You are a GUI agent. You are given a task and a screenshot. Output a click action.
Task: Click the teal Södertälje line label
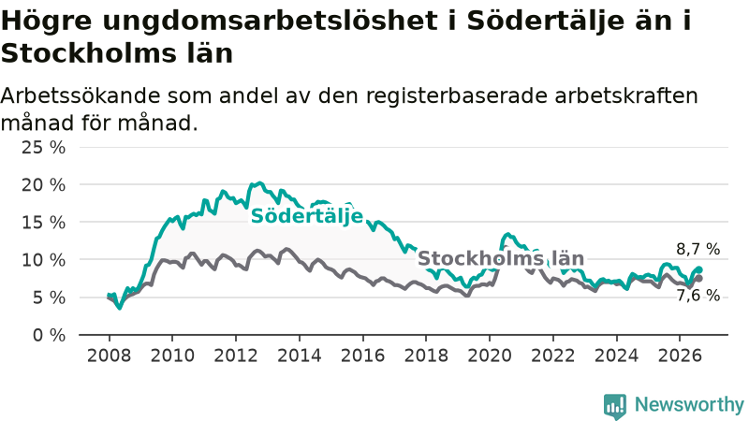coord(307,216)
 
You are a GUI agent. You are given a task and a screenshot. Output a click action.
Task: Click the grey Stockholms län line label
coord(501,259)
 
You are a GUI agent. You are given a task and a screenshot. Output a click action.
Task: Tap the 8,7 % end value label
coord(698,249)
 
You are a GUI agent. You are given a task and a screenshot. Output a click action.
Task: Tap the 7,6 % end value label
coord(698,296)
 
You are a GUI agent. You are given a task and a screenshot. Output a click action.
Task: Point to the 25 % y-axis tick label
coord(43,148)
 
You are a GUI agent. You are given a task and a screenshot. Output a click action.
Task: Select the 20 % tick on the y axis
coord(43,185)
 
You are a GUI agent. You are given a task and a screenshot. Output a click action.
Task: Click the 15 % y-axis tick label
coord(43,223)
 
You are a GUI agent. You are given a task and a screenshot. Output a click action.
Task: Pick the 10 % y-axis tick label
coord(43,260)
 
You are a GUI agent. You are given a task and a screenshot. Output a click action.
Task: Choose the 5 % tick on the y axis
coord(50,298)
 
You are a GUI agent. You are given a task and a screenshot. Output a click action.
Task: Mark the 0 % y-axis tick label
coord(50,335)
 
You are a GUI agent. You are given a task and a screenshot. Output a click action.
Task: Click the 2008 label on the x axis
coord(109,356)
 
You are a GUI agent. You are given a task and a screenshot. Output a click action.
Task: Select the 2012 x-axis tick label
coord(236,356)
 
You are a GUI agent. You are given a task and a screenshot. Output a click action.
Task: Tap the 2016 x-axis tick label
coord(362,356)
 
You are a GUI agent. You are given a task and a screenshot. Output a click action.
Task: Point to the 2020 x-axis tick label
coord(490,356)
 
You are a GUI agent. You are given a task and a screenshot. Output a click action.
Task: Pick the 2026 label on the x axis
coord(680,356)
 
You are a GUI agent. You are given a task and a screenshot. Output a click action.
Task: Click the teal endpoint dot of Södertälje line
coord(699,269)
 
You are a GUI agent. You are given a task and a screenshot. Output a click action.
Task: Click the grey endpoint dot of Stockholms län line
coord(699,278)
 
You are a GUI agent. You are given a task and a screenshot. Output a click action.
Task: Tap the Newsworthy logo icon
coord(615,406)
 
